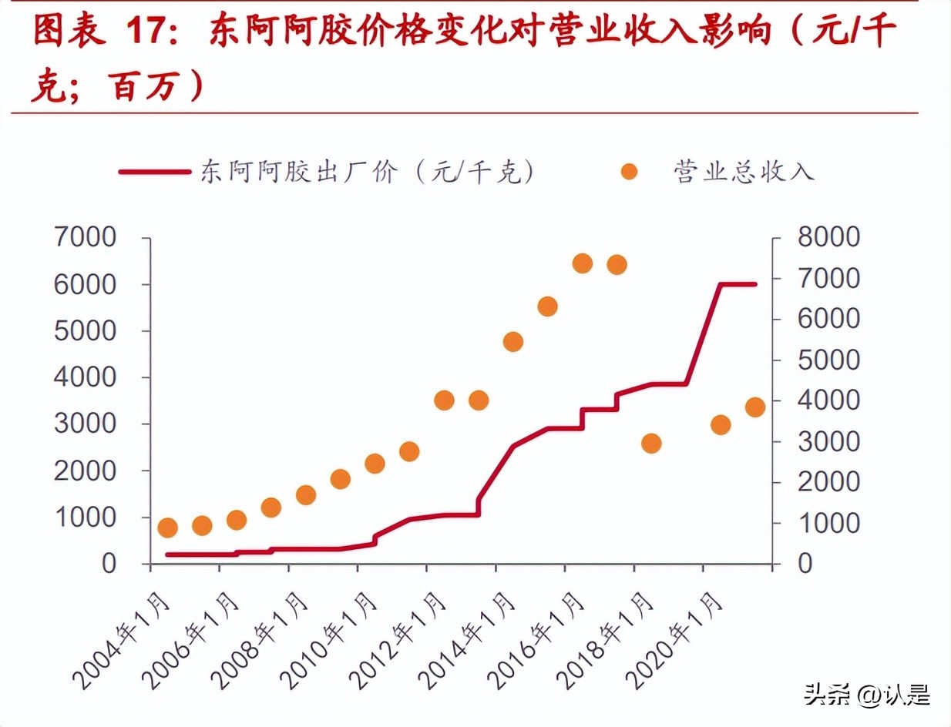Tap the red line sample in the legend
coord(154,173)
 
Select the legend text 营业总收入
coord(744,172)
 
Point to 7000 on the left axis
coord(85,238)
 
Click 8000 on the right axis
coord(828,238)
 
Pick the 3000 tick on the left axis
coord(85,424)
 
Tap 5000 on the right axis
coord(828,360)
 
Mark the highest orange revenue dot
coord(582,263)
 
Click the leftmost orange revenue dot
coord(167,528)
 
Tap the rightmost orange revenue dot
coord(755,407)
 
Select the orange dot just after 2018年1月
coord(651,443)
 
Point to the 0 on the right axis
coord(805,563)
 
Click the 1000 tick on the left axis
coord(85,517)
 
